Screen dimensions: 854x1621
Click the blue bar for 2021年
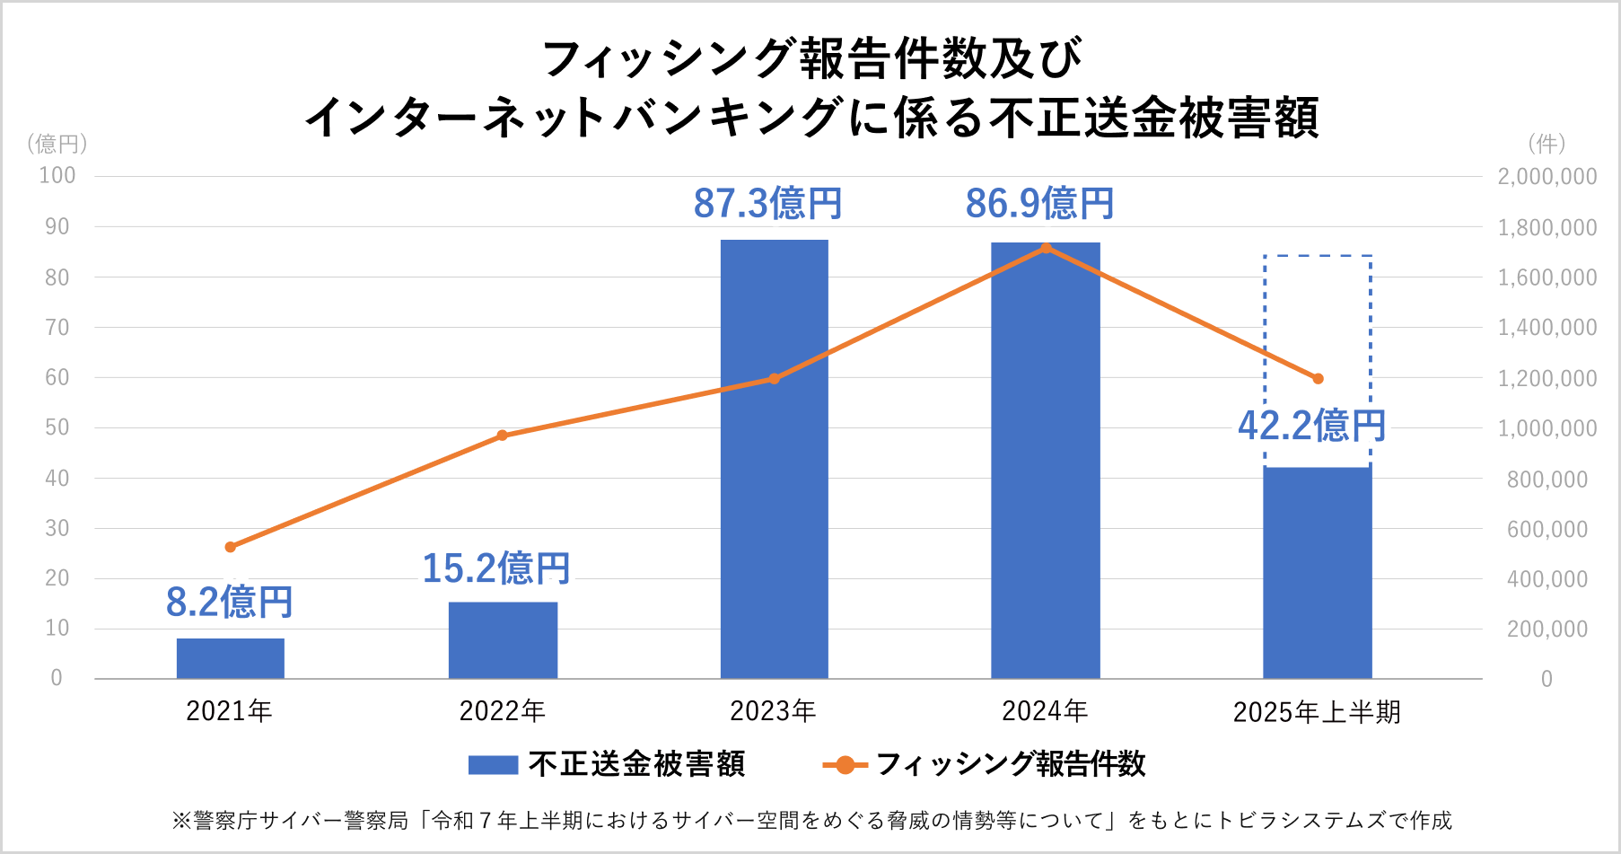tap(230, 658)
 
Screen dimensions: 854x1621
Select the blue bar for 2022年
tap(503, 639)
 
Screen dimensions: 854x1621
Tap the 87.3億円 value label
tap(767, 204)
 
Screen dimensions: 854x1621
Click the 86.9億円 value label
tap(1039, 204)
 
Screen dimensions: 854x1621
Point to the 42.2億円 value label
tap(1311, 426)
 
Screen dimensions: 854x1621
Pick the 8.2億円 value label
tap(230, 602)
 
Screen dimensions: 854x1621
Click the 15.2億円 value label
tap(495, 568)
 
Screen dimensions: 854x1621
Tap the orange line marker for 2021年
tap(230, 547)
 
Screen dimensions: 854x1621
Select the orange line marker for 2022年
tap(502, 436)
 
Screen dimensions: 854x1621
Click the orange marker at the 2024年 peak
tap(1046, 248)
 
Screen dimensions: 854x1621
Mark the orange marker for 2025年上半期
tap(1318, 379)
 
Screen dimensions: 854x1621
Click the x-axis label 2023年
tap(773, 711)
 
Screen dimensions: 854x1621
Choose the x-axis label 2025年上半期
tap(1317, 712)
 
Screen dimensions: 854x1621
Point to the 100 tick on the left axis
tap(57, 176)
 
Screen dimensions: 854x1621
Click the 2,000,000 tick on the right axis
tap(1547, 177)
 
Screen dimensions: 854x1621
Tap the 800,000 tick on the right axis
tap(1547, 480)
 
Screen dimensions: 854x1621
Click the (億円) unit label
tap(57, 144)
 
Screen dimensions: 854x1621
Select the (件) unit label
tap(1547, 144)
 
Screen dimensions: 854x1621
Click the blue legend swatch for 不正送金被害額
tap(493, 765)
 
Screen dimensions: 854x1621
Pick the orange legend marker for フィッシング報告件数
tap(845, 765)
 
